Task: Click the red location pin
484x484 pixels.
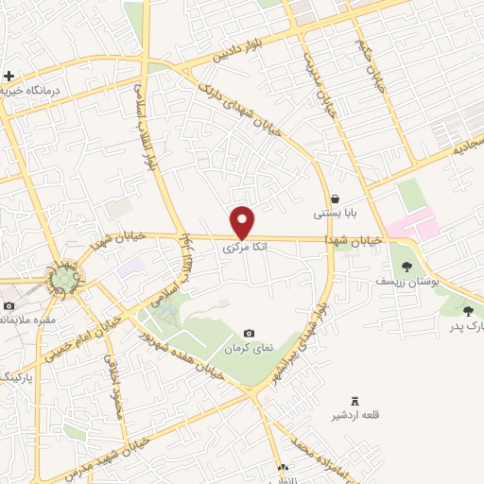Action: pos(244,222)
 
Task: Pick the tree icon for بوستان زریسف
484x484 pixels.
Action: pos(406,267)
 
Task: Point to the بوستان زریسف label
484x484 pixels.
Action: pos(403,282)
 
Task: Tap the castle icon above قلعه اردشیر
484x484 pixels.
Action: pos(355,402)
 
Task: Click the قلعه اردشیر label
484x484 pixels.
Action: pos(354,417)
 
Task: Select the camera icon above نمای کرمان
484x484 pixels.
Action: pos(249,333)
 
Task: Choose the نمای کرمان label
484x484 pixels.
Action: pos(249,348)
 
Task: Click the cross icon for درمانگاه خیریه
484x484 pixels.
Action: pos(9,76)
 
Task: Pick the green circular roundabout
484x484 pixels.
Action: pos(64,279)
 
